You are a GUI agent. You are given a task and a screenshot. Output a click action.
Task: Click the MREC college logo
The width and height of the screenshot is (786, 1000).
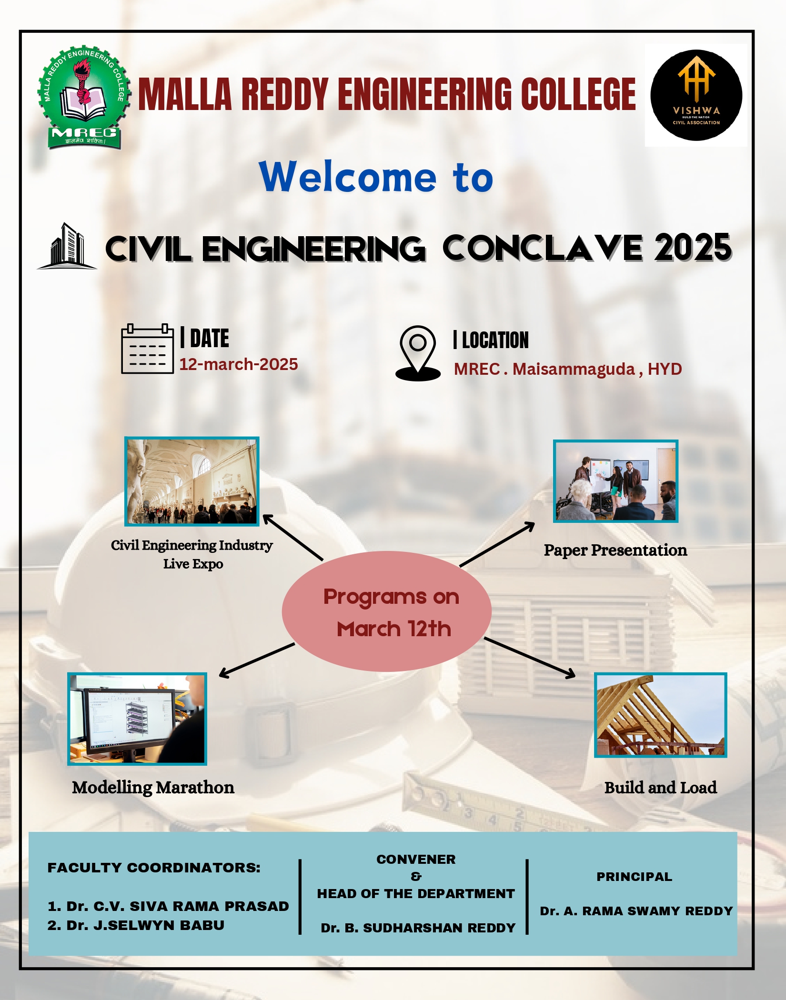click(84, 98)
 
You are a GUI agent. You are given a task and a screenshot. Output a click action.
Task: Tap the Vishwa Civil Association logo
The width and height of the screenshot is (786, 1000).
click(696, 95)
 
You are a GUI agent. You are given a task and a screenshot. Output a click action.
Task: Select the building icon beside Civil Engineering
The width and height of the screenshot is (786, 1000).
click(67, 246)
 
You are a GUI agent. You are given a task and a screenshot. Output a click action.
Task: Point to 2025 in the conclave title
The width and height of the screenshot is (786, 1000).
click(693, 248)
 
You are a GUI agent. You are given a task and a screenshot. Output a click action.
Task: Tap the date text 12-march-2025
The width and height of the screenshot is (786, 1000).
click(239, 364)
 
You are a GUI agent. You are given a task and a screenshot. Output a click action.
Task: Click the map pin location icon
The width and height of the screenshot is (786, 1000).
click(418, 353)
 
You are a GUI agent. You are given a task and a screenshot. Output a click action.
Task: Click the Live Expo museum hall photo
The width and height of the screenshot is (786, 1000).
click(191, 481)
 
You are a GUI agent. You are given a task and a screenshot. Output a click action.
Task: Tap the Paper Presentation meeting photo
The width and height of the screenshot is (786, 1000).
click(615, 481)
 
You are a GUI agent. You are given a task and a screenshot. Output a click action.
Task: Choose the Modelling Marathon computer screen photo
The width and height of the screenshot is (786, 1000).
click(137, 719)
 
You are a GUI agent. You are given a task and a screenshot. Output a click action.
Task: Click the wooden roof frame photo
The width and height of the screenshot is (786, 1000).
click(660, 715)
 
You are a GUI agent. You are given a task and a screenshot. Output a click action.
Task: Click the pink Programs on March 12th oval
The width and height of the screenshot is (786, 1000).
click(386, 611)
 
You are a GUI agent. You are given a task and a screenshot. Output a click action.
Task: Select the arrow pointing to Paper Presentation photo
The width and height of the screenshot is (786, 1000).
click(497, 544)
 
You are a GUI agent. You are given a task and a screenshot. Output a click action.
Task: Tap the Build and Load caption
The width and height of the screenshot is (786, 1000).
click(660, 787)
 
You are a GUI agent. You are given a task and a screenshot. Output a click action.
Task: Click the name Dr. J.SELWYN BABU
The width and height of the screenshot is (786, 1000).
click(136, 925)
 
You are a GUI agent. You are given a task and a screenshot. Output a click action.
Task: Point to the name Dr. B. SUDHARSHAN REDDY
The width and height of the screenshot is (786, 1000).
click(418, 928)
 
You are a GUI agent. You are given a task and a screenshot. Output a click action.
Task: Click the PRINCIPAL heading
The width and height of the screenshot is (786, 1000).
click(634, 877)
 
